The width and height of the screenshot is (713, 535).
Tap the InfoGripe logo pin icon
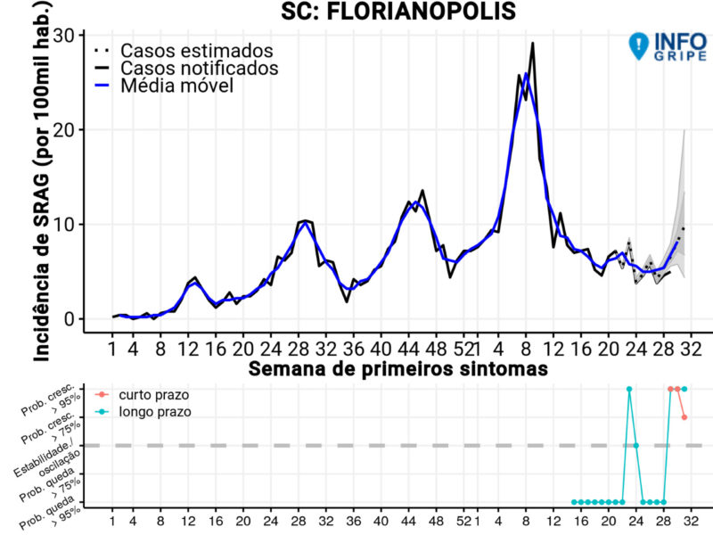pos(639,45)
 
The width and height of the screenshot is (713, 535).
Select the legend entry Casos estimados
pos(197,50)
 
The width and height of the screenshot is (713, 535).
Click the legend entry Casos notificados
pos(199,68)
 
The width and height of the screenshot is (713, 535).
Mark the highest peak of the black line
pos(533,43)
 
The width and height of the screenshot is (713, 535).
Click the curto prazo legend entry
pos(157,394)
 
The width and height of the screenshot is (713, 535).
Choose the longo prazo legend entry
pos(157,412)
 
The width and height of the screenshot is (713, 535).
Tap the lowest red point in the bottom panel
pos(684,417)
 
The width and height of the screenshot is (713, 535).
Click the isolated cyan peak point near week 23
pos(629,389)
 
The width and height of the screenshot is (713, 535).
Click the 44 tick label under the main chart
pos(408,346)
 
